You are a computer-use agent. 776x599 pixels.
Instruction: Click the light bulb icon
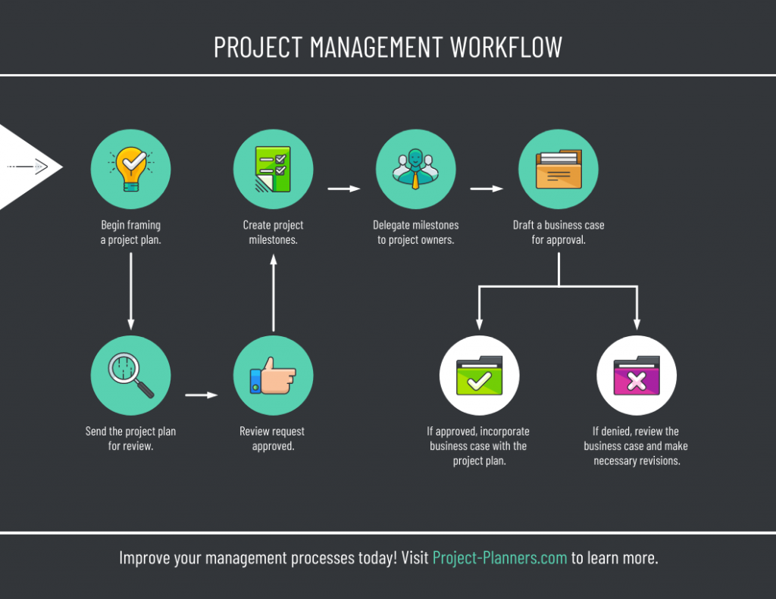click(131, 169)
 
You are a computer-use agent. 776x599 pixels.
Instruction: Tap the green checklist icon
click(273, 169)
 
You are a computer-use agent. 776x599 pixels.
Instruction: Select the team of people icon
click(416, 169)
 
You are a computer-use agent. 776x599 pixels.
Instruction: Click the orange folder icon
click(559, 169)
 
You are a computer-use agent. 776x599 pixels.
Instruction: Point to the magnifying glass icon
click(131, 375)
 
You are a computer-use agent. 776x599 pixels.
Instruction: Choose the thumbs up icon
click(273, 376)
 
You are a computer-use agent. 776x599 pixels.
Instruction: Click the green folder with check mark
click(480, 376)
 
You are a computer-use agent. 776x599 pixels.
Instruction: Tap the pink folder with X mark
click(637, 376)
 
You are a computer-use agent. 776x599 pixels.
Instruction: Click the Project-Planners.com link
click(500, 558)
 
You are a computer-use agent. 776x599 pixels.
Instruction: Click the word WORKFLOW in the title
click(506, 48)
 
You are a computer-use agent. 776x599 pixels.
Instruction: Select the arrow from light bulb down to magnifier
click(130, 291)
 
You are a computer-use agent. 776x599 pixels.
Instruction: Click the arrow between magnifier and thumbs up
click(202, 395)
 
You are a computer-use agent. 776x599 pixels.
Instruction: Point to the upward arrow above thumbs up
click(273, 293)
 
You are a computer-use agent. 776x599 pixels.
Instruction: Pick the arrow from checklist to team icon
click(344, 189)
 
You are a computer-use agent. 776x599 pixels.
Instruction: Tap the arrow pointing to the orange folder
click(487, 189)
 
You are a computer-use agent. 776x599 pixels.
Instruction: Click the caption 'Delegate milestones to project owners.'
click(416, 232)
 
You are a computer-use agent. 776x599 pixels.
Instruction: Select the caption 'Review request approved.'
click(273, 438)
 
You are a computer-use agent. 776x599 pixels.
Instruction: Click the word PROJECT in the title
click(258, 48)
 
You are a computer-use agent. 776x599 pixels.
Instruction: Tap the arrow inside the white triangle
click(28, 167)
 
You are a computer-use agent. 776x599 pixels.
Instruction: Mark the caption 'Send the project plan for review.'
click(130, 438)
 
